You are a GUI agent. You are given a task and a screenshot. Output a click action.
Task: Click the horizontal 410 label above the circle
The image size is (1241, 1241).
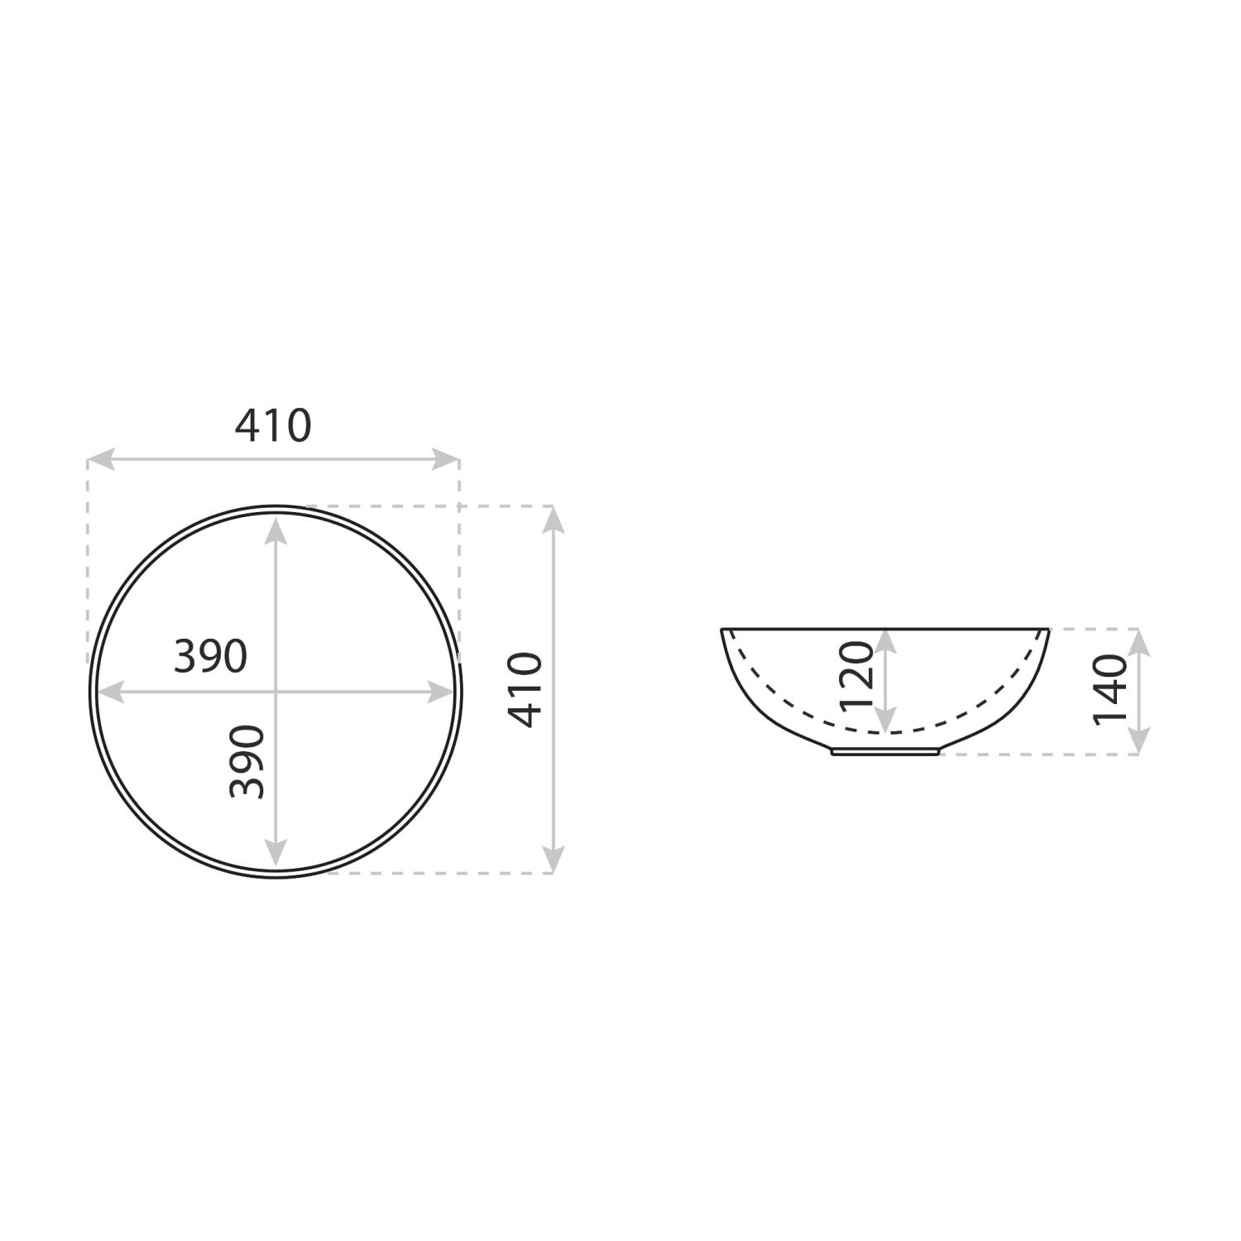coord(273,426)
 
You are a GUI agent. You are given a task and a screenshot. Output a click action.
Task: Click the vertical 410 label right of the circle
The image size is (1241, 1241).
coord(525,689)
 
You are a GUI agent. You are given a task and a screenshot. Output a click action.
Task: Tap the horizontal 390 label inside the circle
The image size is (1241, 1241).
coord(210,657)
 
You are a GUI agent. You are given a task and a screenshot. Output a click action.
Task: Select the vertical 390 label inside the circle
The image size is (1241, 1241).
coord(247,762)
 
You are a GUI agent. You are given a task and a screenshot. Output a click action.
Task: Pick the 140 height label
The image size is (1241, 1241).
coord(1109,690)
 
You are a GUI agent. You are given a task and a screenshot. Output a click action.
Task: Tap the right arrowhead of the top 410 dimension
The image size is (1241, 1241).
coord(446,459)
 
